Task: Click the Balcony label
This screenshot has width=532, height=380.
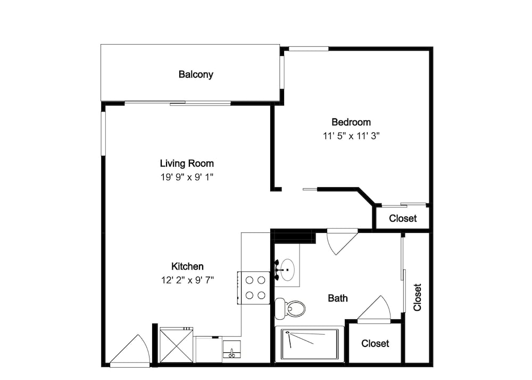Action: pos(196,75)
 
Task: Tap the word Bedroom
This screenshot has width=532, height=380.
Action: pos(351,122)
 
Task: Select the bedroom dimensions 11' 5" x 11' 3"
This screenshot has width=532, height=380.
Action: pos(351,136)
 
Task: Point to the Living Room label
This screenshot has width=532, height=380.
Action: pos(187,164)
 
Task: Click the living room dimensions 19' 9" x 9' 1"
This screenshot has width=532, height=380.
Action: pos(187,177)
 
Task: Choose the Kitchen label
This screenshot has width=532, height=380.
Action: pos(187,266)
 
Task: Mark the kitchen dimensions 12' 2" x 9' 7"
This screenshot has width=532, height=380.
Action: pos(187,280)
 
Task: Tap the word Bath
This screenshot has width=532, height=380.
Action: pos(338,298)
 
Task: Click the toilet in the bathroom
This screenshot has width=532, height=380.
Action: pos(290,309)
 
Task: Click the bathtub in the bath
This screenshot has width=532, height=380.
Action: pos(310,344)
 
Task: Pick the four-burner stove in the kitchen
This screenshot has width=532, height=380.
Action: pos(254,288)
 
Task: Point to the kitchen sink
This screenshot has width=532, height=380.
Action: pos(232,350)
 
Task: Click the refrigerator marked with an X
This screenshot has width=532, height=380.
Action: pos(177,345)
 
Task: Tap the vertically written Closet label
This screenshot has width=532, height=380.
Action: pos(417,297)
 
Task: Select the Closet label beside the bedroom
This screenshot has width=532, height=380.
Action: pos(403,218)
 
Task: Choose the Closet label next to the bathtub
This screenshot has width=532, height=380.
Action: pos(375,343)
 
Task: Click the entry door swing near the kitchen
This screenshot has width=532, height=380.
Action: pos(130,351)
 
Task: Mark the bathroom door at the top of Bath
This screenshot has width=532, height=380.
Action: pos(342,241)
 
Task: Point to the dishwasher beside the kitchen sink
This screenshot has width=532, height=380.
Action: pos(209,350)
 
